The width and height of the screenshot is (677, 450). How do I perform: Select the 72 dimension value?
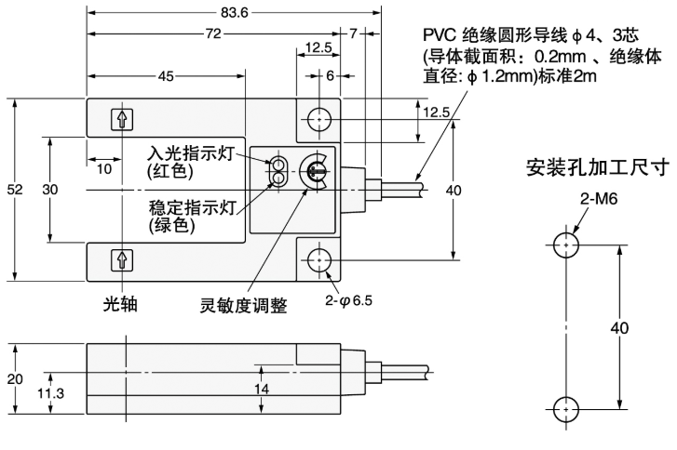[216, 33]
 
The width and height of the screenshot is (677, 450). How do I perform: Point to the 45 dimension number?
[166, 76]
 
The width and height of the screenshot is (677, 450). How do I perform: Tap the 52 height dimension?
[13, 190]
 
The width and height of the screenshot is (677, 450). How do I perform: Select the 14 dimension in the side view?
[264, 389]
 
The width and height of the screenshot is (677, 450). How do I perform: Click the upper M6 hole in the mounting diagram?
[564, 246]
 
